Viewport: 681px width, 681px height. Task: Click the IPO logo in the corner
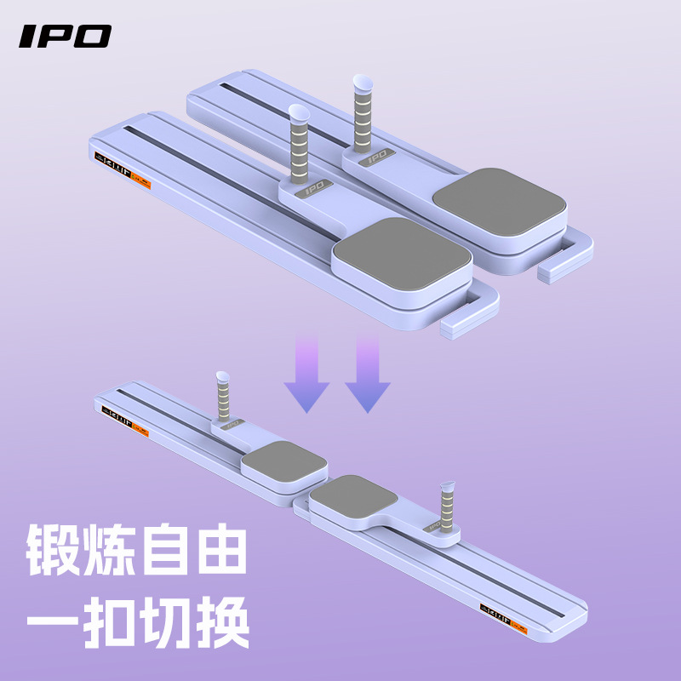click(66, 36)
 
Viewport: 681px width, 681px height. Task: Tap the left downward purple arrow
click(306, 375)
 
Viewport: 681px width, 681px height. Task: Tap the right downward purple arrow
click(368, 375)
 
